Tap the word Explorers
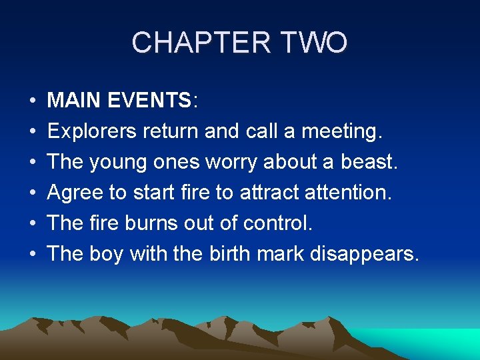coord(92,131)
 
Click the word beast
coord(369,161)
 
